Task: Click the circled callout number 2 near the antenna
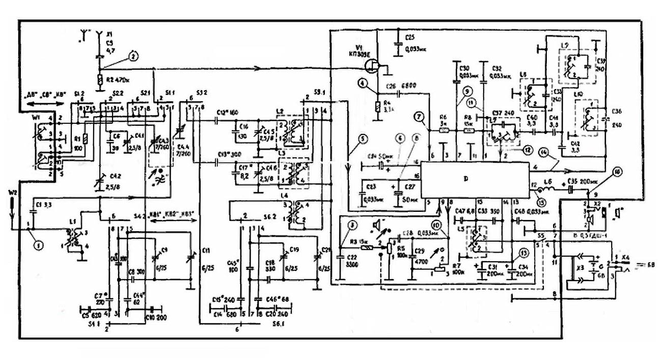click(x=133, y=57)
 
